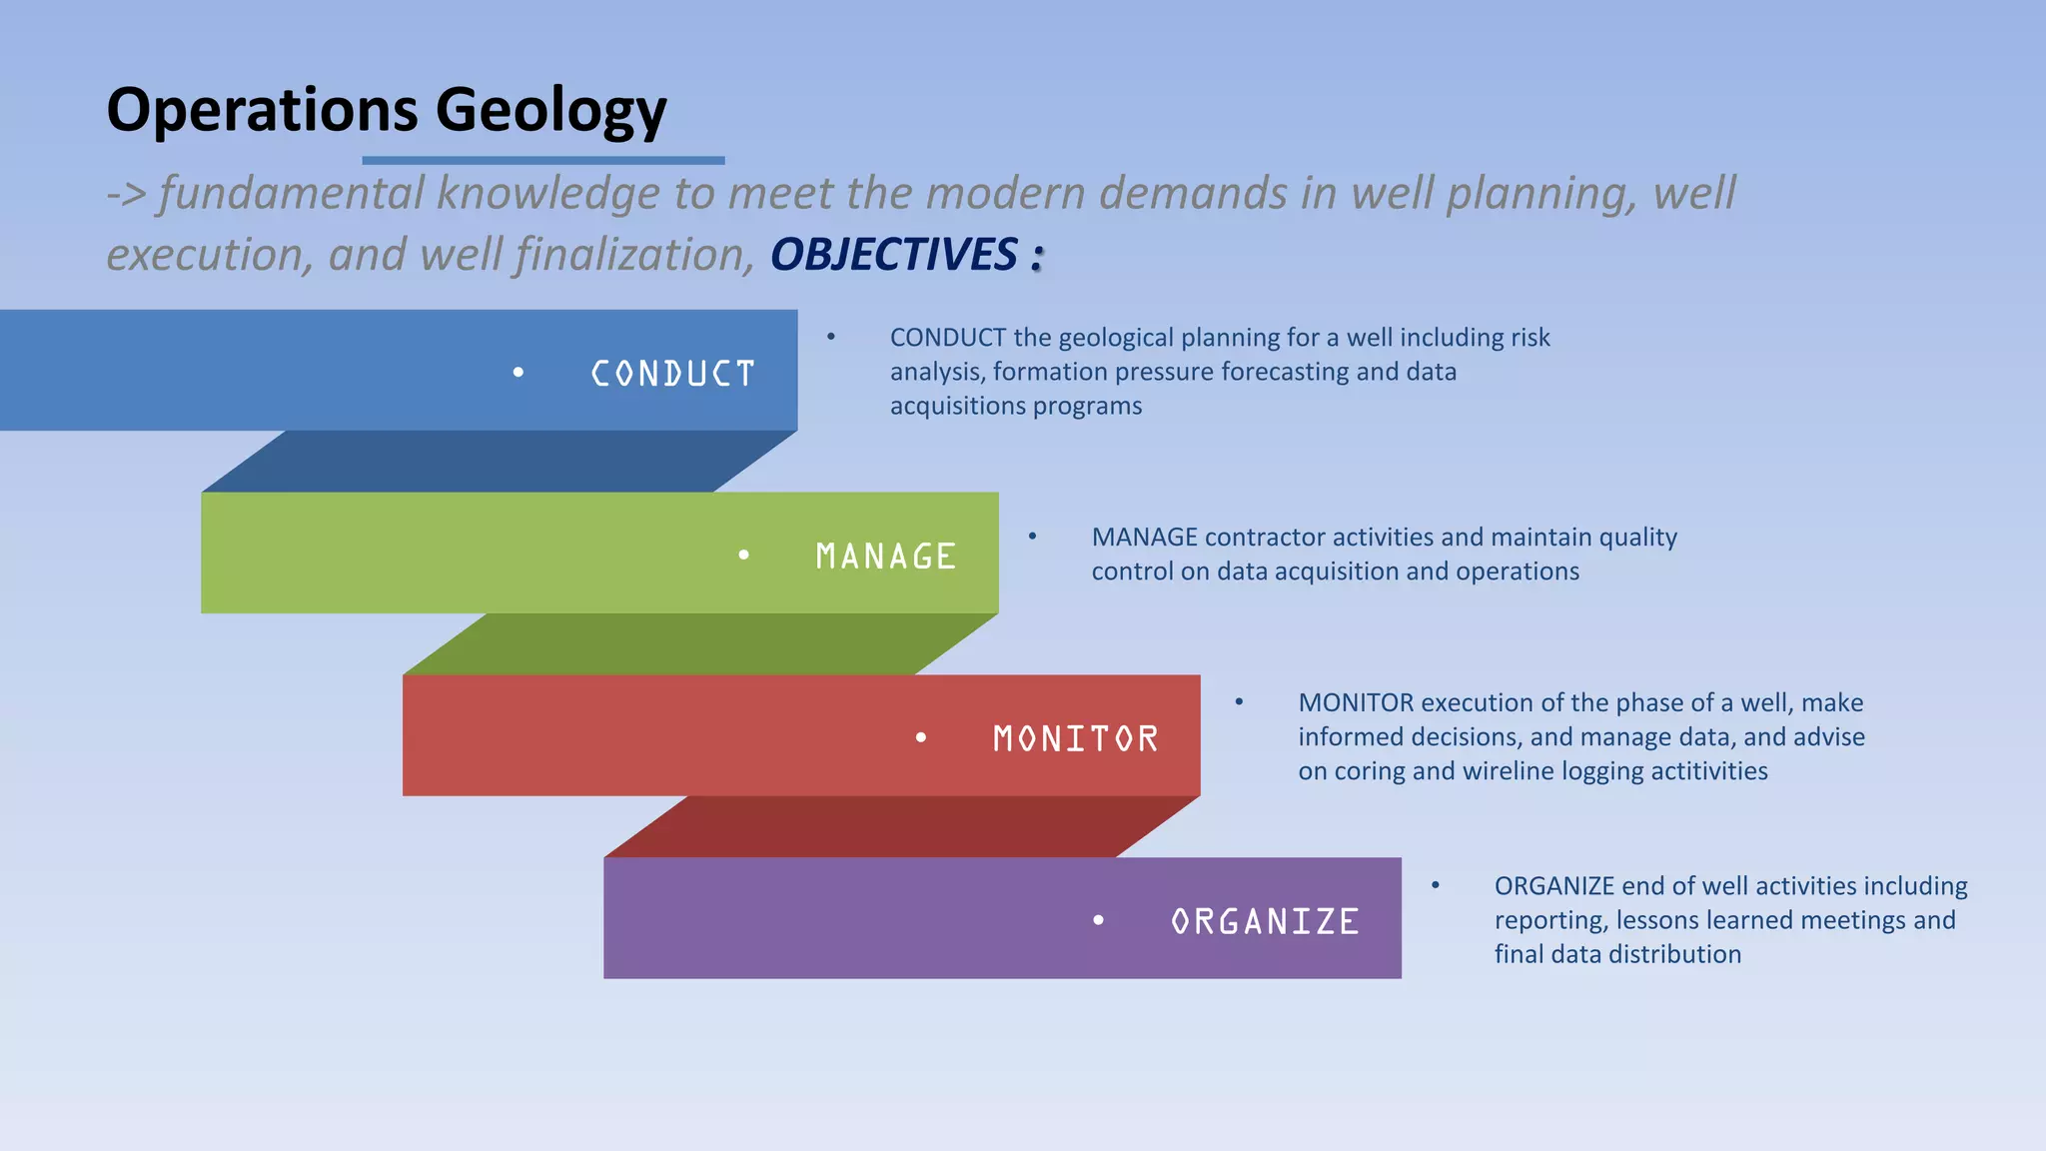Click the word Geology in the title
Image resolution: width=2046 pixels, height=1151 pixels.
(x=550, y=110)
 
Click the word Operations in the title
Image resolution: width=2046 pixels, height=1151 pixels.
(x=262, y=110)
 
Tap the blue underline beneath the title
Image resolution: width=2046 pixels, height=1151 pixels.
(x=542, y=160)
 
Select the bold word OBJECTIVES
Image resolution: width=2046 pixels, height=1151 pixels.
(x=893, y=255)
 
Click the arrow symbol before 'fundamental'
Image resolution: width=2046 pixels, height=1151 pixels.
(x=127, y=194)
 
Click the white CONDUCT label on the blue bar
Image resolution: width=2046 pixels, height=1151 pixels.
(x=672, y=374)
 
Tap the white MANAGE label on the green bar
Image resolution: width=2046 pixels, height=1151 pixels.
(x=885, y=557)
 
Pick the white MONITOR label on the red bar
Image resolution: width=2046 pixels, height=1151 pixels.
(x=1075, y=739)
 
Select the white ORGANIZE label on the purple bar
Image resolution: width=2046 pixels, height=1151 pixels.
(x=1265, y=921)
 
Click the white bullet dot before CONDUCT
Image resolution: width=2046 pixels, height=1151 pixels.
(x=517, y=373)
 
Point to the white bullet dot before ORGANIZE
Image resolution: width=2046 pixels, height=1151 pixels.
(x=1098, y=920)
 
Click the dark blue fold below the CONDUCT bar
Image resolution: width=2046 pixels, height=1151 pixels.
(x=500, y=462)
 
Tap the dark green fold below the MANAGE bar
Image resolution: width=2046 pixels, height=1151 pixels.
(x=699, y=644)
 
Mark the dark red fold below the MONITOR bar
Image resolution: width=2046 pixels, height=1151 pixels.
(x=901, y=827)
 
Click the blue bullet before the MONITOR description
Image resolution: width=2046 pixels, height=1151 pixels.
(x=1239, y=702)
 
